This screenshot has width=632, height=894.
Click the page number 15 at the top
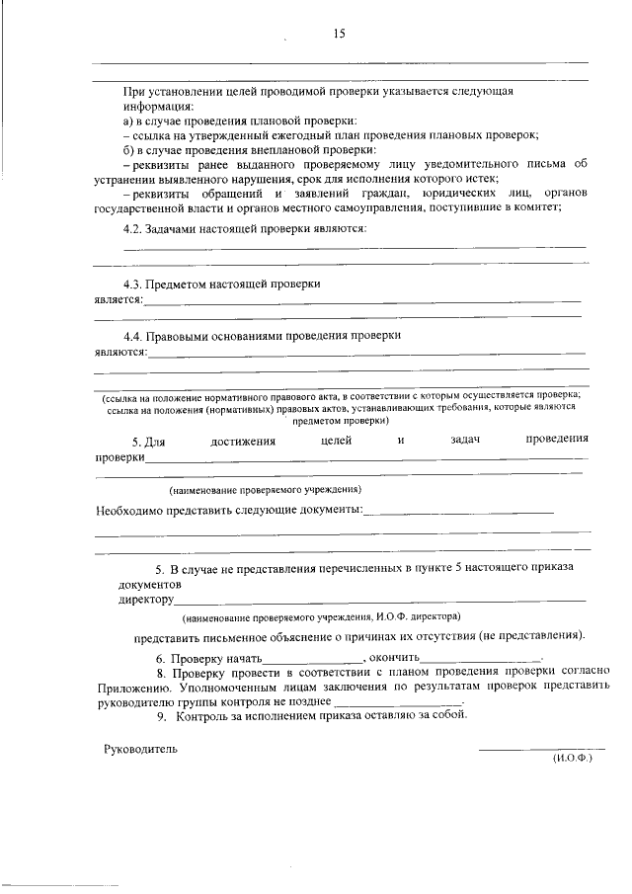pyautogui.click(x=338, y=34)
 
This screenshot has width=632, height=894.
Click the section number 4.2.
pyautogui.click(x=133, y=228)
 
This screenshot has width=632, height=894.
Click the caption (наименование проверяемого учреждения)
pyautogui.click(x=264, y=490)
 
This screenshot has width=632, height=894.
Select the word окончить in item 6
pyautogui.click(x=396, y=657)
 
